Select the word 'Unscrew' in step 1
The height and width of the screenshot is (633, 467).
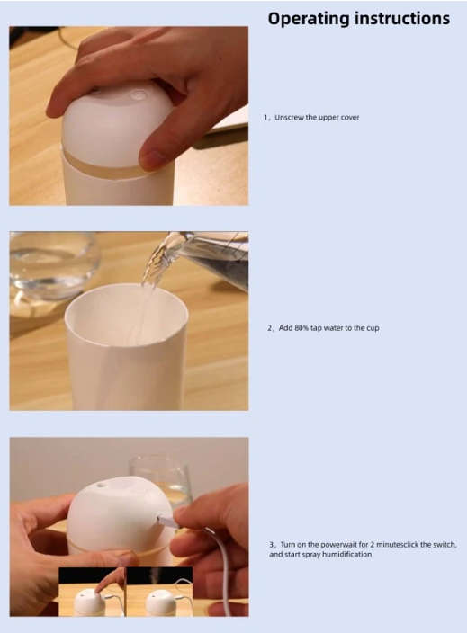[290, 118]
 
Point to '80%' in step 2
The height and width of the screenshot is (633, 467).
[301, 328]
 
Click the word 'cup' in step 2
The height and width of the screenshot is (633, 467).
[373, 328]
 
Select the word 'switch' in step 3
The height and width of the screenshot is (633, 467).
[445, 545]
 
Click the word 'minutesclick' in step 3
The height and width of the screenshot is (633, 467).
[398, 545]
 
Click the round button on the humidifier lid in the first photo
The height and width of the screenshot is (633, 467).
[139, 95]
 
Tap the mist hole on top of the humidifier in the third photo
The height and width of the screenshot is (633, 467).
[100, 485]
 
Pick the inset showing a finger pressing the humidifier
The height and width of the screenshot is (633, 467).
[92, 592]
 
